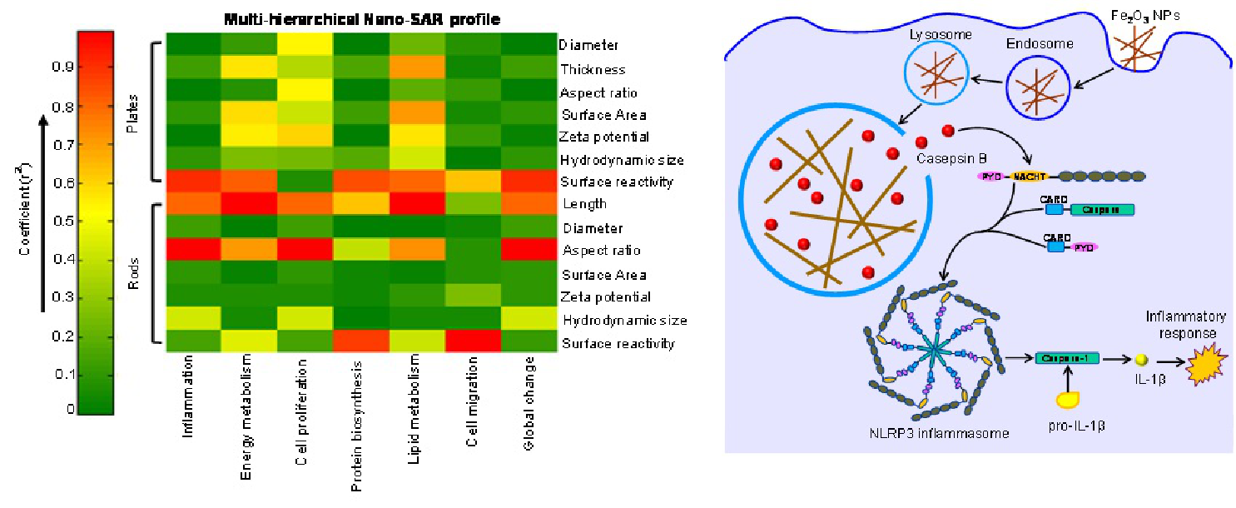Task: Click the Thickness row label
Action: click(593, 69)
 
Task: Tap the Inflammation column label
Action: click(189, 400)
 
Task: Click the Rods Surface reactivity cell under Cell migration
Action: click(473, 342)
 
